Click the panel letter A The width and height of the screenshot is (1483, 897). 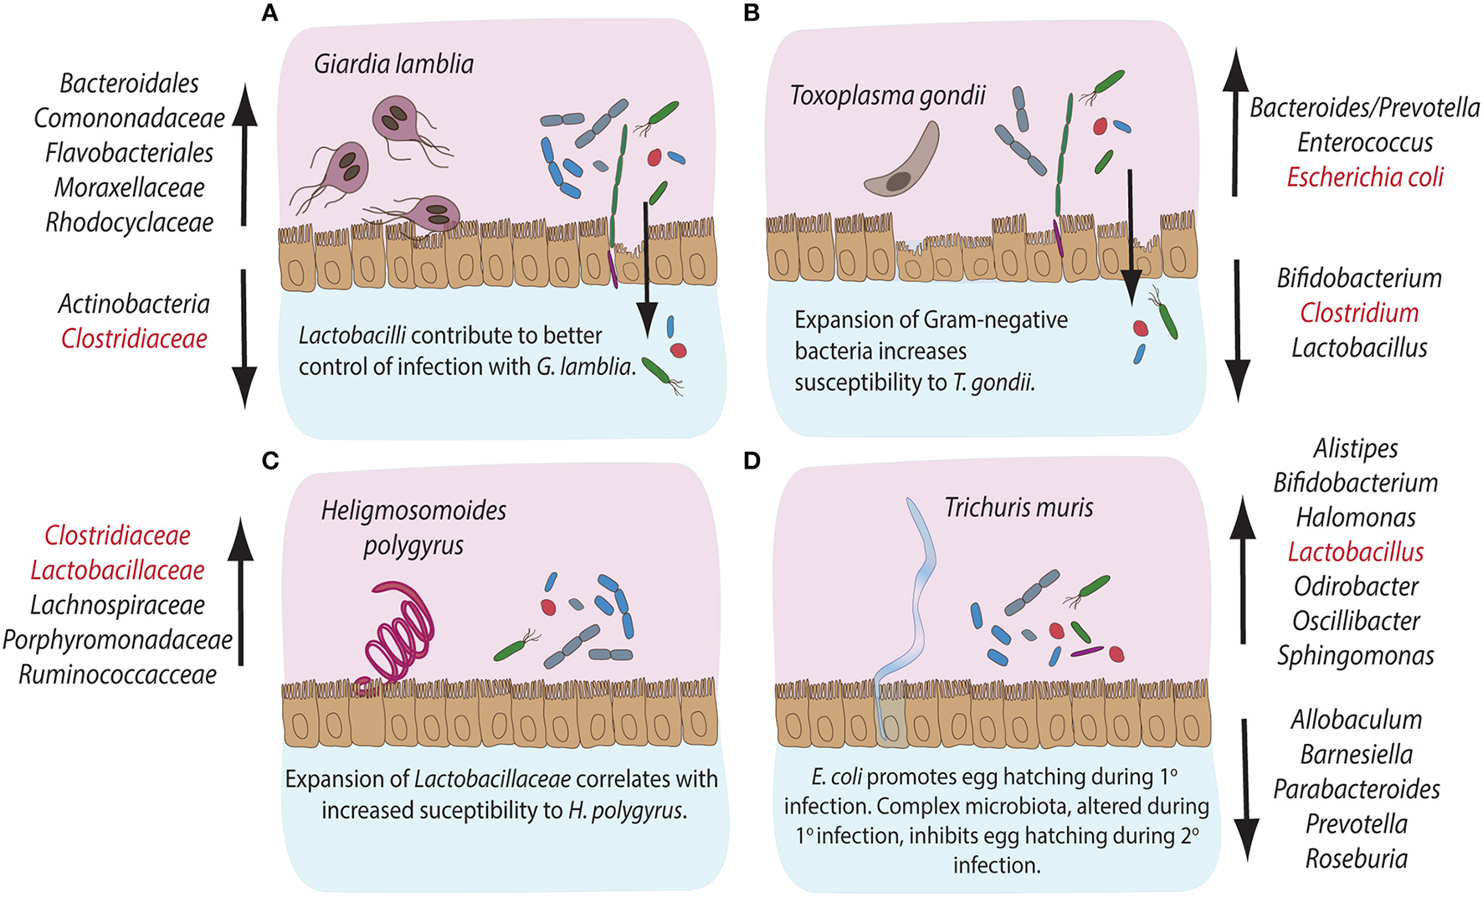click(x=269, y=13)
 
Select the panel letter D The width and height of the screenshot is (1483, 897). click(x=752, y=461)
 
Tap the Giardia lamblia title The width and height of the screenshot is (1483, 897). click(x=393, y=64)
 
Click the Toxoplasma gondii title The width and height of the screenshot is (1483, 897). click(x=888, y=95)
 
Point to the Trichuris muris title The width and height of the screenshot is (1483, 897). click(x=1019, y=507)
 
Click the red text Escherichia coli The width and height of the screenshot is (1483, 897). click(x=1365, y=177)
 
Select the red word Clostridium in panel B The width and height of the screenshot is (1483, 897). click(x=1359, y=313)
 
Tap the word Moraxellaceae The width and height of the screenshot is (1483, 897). click(x=129, y=187)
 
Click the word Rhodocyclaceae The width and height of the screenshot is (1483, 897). click(x=129, y=223)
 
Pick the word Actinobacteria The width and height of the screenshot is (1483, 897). click(x=134, y=304)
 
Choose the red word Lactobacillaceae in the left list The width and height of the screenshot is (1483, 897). click(x=117, y=571)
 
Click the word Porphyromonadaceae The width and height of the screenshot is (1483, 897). click(x=117, y=640)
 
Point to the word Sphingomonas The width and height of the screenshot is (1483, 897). click(x=1356, y=655)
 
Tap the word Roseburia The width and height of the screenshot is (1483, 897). click(x=1356, y=859)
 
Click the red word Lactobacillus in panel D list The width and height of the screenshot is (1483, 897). click(x=1356, y=552)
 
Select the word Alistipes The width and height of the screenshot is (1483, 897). click(x=1356, y=448)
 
